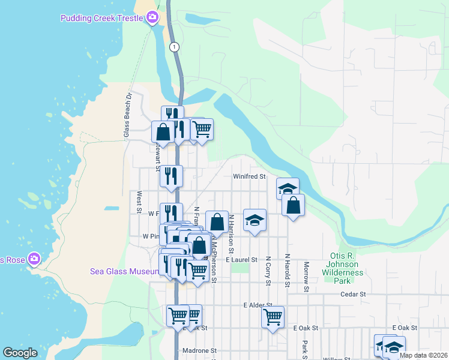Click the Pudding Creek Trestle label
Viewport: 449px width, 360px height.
(102, 17)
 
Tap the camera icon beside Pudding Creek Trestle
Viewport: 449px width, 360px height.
(152, 17)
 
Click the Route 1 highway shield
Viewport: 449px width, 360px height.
(174, 46)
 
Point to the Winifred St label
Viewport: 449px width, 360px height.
(249, 176)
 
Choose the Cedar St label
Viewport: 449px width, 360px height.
(352, 295)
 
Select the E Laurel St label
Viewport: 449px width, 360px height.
(241, 260)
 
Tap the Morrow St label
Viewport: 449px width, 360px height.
(306, 276)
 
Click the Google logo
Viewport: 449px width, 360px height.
(20, 353)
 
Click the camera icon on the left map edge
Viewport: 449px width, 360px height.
(34, 259)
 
